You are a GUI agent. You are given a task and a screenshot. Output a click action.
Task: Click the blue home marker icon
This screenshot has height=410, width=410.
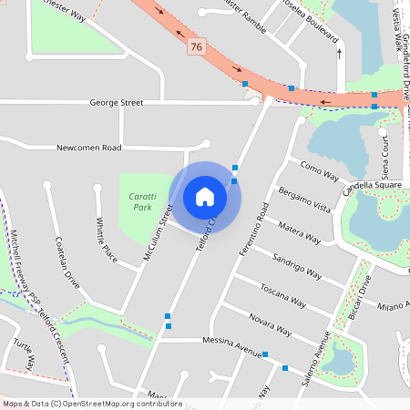tap(205, 197)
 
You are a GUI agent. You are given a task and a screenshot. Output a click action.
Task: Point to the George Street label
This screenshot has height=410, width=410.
tap(117, 103)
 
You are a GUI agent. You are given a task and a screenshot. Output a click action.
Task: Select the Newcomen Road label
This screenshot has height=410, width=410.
tap(88, 147)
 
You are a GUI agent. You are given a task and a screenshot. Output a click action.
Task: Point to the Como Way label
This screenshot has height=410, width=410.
tap(318, 170)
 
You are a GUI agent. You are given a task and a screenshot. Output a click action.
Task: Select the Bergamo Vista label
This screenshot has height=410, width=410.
tap(304, 200)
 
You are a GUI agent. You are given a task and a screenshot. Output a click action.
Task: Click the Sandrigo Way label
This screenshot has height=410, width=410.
tap(298, 267)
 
